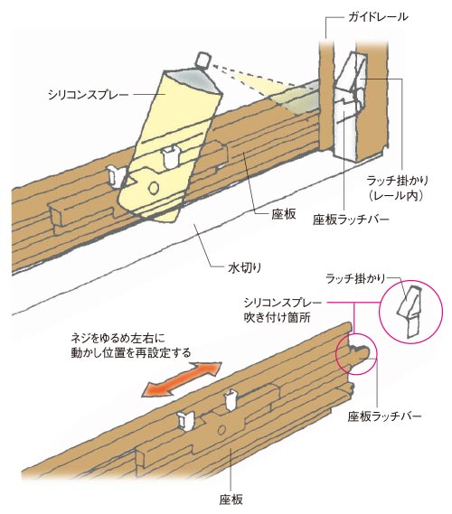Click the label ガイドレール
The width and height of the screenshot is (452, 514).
point(378,16)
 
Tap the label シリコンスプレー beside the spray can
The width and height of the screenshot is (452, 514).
point(88,95)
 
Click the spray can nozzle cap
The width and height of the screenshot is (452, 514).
point(202,60)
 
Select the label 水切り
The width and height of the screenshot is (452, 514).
point(244,267)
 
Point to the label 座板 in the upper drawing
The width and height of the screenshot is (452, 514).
point(284,214)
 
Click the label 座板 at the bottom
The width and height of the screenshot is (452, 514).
point(231,500)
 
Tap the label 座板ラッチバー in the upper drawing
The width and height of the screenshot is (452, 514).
point(351,220)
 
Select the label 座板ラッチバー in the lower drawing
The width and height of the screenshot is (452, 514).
point(384,416)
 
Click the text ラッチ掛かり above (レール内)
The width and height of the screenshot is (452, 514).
point(398,181)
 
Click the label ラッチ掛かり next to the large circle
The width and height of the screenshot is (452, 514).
point(355,278)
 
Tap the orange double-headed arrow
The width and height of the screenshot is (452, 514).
point(183,379)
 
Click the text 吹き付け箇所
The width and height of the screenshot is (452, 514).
point(278,317)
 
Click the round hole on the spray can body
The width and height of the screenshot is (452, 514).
point(153,187)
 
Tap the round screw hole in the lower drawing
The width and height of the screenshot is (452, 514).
point(222,429)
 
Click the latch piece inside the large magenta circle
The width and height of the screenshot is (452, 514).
point(409,312)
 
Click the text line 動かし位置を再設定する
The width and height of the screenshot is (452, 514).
point(131,352)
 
